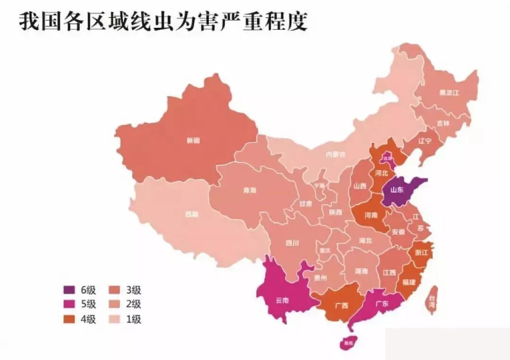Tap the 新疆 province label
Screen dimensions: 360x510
[x=193, y=140]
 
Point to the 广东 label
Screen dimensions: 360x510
[x=381, y=304]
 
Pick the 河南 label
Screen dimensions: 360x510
[x=371, y=215]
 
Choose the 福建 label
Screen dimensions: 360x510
[x=409, y=282]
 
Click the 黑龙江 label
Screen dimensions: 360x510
[x=449, y=93]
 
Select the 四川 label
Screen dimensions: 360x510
[x=292, y=243]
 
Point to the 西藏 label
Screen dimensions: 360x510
[x=191, y=214]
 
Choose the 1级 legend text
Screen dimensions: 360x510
[x=134, y=319]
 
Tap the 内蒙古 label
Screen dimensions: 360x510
[x=335, y=154]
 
